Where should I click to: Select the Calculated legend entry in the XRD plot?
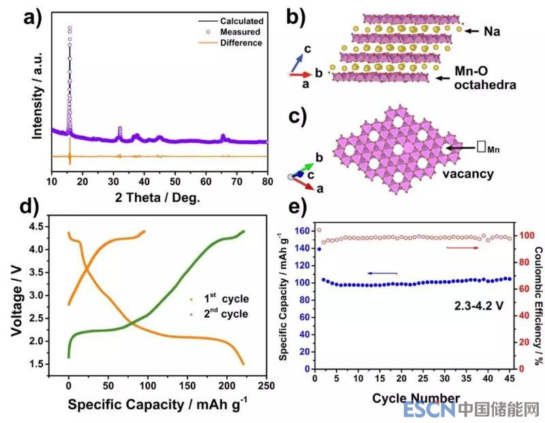[x=241, y=21]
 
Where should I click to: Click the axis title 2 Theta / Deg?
[x=160, y=199]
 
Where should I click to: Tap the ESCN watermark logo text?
[x=429, y=409]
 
